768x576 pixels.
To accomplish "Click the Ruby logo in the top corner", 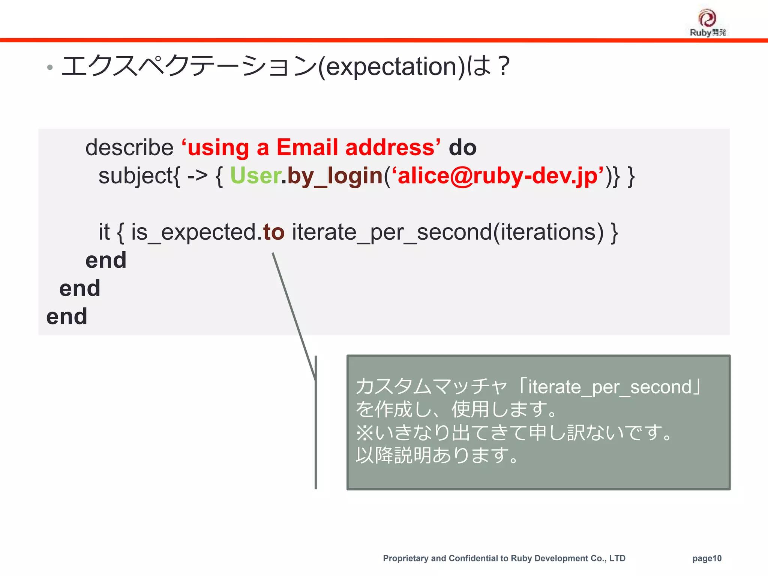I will click(x=707, y=22).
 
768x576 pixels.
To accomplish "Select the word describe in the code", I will click(x=129, y=147).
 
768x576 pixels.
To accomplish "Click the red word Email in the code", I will click(x=307, y=147).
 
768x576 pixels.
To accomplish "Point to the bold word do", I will click(x=462, y=147).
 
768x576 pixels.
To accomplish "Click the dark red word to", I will click(x=274, y=232).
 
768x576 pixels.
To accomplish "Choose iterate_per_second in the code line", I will click(x=391, y=232).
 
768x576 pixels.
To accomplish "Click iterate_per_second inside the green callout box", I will click(x=610, y=387).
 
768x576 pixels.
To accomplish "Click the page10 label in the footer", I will click(x=706, y=558).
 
